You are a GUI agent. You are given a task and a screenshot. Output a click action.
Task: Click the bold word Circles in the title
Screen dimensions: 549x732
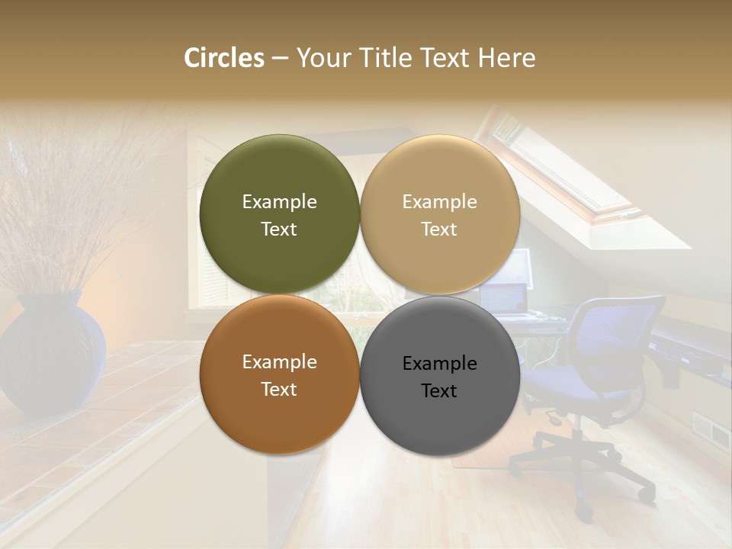pyautogui.click(x=223, y=58)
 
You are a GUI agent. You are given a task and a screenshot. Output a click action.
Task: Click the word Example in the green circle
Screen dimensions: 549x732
pyautogui.click(x=279, y=202)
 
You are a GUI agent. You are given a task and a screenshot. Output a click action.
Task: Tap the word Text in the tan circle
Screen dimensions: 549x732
pyautogui.click(x=439, y=230)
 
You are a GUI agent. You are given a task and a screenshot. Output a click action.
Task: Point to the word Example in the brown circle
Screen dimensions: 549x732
pyautogui.click(x=279, y=362)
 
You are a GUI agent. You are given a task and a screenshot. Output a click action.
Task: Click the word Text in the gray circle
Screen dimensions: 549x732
pyautogui.click(x=439, y=391)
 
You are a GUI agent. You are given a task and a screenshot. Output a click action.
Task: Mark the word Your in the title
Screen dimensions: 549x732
pyautogui.click(x=324, y=58)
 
